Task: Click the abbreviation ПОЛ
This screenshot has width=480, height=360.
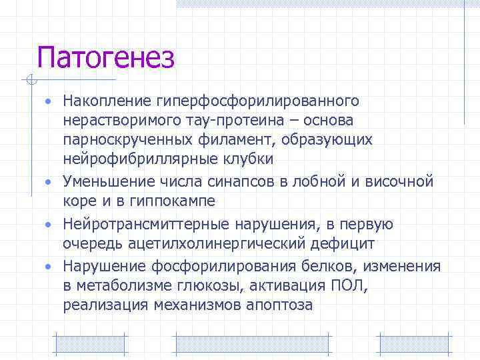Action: coord(346,286)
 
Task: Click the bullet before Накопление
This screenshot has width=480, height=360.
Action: coord(49,101)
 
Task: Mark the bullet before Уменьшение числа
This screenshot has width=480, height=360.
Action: coord(49,181)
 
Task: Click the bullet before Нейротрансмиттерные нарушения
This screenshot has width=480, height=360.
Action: coord(49,224)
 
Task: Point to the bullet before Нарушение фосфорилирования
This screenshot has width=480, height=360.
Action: coord(49,267)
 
